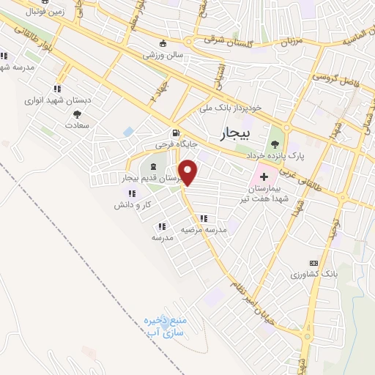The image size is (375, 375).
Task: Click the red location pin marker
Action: pos(189,172)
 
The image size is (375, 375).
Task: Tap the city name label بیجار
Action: pos(234,134)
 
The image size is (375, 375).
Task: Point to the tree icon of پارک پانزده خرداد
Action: pos(275,143)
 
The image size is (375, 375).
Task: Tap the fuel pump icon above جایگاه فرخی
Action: pos(175,133)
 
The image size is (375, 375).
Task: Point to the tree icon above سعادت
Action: pos(77,114)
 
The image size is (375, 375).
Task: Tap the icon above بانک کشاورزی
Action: pos(314,263)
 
